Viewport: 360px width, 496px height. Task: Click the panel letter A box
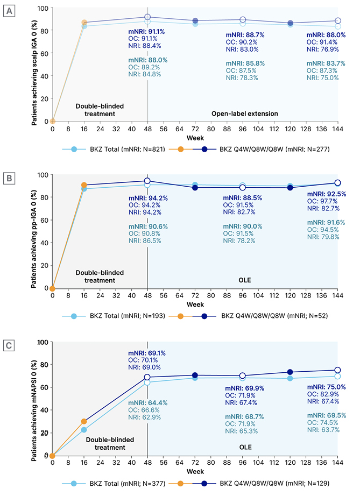coord(10,10)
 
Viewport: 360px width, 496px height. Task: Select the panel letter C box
coord(10,344)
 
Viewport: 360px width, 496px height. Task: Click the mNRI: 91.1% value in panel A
coord(146,32)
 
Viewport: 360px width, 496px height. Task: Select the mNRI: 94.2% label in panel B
coord(146,198)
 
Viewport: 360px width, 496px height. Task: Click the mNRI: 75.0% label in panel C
coord(322,387)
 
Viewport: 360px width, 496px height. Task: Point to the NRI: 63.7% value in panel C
coord(322,429)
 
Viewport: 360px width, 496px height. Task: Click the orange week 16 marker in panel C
coord(83,422)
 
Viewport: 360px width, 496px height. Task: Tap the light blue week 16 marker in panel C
coord(83,430)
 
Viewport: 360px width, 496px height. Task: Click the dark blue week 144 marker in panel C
coord(337,370)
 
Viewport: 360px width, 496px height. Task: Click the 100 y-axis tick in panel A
coord(43,9)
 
